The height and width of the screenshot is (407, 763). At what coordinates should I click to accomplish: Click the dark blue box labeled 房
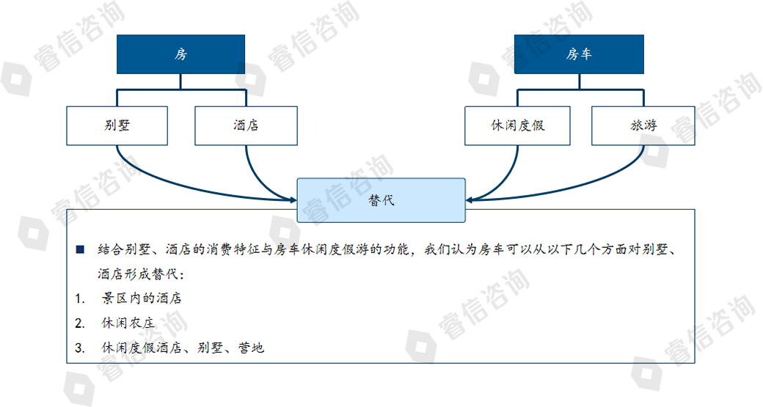[180, 54]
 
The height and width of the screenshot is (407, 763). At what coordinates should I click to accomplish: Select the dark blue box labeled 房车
[579, 54]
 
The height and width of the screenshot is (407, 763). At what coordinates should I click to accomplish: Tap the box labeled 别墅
[117, 125]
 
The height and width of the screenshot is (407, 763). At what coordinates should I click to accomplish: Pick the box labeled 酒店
[246, 125]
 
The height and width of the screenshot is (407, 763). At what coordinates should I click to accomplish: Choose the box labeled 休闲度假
[517, 125]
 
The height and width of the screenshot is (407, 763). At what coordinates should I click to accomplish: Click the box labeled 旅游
[643, 125]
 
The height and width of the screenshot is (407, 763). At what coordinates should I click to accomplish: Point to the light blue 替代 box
[381, 200]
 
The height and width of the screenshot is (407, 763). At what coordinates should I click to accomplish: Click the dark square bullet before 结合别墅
[80, 249]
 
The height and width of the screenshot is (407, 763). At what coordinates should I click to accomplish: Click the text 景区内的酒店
[142, 298]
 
